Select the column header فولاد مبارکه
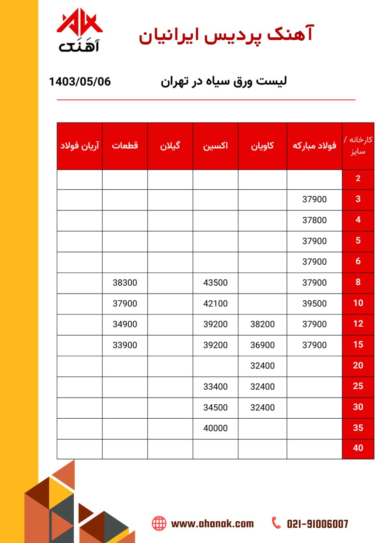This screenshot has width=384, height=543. tap(314, 146)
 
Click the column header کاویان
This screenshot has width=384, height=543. tap(263, 146)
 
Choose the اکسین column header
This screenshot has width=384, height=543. tap(216, 146)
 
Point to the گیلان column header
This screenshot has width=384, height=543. tap(170, 146)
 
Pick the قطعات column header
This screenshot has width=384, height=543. tap(125, 146)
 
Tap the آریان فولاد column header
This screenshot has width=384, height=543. tap(80, 146)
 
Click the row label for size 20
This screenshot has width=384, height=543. tap(358, 366)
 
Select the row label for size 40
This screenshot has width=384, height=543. tap(358, 448)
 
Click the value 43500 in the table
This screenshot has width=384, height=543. tap(216, 283)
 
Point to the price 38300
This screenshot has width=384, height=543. tap(125, 283)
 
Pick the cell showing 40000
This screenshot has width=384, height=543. tap(216, 428)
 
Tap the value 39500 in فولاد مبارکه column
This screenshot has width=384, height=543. tap(314, 303)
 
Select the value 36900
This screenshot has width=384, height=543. tap(263, 345)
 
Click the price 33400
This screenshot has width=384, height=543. tap(216, 386)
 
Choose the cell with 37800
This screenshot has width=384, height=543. tap(314, 220)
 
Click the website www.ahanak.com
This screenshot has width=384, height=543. tap(212, 523)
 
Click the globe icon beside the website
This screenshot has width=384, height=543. tap(159, 523)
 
